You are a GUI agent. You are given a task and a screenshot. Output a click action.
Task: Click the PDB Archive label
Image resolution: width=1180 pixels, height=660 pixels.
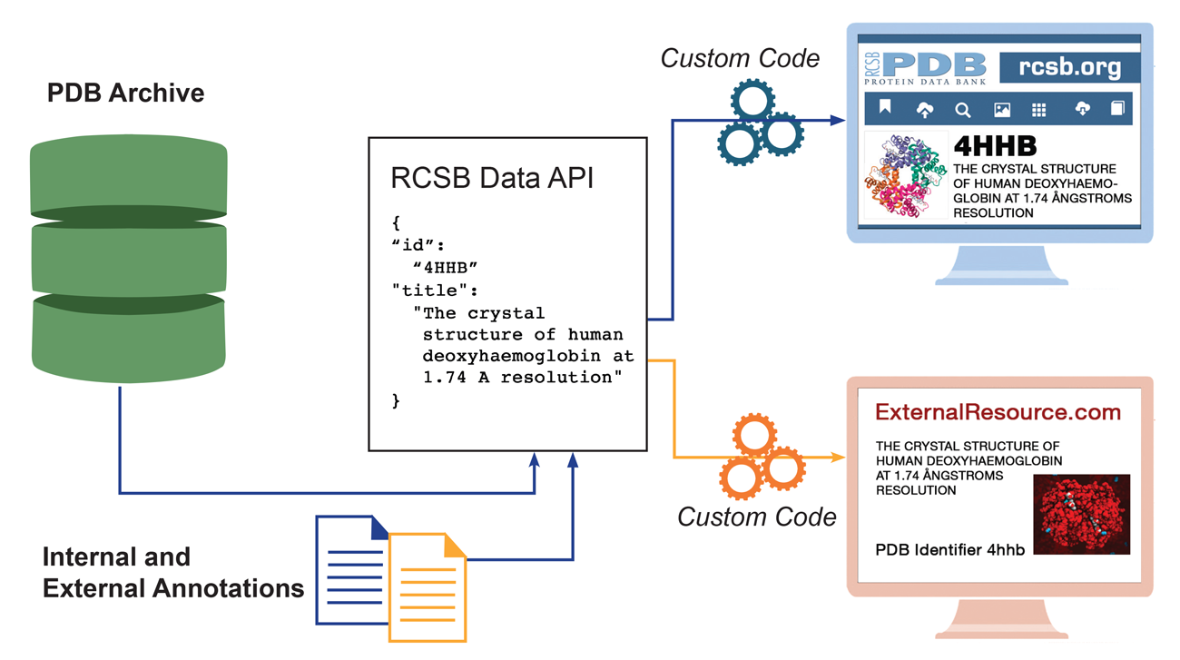point(125,94)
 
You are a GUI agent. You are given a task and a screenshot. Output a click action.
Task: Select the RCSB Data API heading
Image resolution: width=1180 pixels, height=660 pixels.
point(492,178)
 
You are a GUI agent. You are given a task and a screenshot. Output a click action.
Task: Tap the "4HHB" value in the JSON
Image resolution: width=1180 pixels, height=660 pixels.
point(445,267)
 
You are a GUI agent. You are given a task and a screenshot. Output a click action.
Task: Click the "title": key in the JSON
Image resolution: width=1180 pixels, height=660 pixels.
point(434,290)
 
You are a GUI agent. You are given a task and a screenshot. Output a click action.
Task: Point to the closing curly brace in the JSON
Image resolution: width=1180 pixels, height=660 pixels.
point(396,400)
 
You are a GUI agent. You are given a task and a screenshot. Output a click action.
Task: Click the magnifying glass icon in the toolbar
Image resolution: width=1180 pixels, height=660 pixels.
point(962,110)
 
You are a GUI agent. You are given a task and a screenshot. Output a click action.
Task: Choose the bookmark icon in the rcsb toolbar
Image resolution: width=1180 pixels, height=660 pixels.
point(885,109)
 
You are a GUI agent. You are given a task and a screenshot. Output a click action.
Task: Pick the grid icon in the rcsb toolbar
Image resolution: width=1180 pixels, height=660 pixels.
point(1038,110)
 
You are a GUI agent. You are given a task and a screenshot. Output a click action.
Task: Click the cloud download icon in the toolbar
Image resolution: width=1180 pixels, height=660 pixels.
point(1082,109)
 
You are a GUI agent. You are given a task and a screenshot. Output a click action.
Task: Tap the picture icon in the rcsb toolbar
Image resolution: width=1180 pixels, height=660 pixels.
point(1001,110)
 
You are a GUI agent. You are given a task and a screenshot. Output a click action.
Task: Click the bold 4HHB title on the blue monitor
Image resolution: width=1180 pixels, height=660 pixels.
point(995,146)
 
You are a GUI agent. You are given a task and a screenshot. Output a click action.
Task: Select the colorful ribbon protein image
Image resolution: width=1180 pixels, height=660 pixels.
point(904,175)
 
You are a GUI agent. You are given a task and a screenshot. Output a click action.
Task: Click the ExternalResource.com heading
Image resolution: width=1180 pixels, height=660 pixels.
point(998,413)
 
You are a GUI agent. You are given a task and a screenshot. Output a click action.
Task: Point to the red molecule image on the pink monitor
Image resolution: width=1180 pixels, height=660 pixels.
point(1081,514)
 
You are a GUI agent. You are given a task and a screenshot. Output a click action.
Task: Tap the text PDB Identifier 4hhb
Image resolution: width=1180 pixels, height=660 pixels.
point(949,550)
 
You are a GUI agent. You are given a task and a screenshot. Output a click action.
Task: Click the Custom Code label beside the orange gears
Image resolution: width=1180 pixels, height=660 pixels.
point(756,517)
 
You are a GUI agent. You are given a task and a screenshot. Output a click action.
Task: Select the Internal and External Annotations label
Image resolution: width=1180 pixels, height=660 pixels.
point(172,572)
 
